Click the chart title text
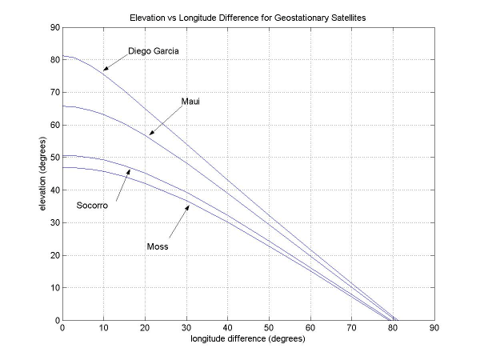pos(247,17)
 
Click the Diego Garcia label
pos(153,52)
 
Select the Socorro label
pos(92,206)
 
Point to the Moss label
pos(157,246)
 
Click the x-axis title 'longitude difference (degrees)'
pos(248,338)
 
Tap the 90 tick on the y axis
pos(54,27)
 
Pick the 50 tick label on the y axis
pos(54,158)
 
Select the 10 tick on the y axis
pos(54,288)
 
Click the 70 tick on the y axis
pos(54,92)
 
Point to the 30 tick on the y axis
pos(54,222)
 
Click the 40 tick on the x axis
pos(227,327)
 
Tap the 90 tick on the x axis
pos(434,327)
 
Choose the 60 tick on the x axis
pos(310,327)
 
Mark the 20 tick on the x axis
pos(145,327)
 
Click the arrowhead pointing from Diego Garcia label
pos(105,70)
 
